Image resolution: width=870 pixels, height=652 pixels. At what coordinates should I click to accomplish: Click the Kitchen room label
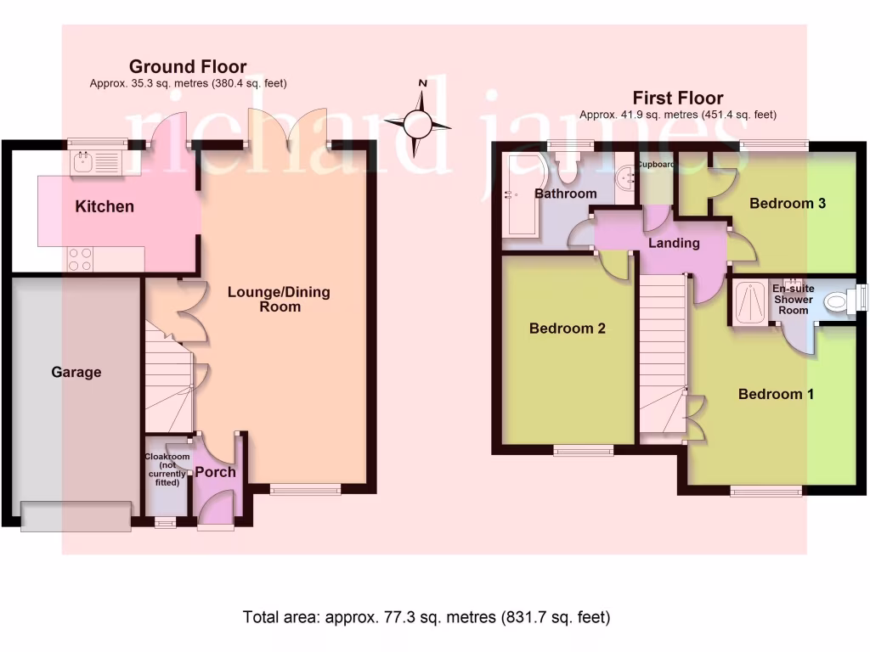coord(105,207)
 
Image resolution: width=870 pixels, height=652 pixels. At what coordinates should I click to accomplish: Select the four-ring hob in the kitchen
coord(79,260)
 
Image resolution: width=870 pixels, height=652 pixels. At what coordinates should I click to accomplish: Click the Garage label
coord(76,372)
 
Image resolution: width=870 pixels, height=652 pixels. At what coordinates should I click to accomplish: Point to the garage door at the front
coord(76,517)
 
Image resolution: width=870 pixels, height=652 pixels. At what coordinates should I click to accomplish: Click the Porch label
coord(215,472)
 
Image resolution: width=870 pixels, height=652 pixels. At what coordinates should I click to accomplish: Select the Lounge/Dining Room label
coord(279,300)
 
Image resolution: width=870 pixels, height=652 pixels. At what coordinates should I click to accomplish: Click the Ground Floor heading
coord(188,66)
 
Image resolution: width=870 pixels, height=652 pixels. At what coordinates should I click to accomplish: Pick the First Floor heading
coord(678,98)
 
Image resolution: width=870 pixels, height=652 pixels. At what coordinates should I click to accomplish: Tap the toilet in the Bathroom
coord(567,167)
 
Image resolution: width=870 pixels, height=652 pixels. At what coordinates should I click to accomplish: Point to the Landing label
coord(674,243)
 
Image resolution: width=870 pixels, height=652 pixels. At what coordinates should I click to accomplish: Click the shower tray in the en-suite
coord(750,302)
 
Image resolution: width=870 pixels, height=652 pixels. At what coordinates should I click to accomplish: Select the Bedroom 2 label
coord(567,329)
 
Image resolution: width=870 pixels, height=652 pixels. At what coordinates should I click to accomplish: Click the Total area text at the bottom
coord(427,617)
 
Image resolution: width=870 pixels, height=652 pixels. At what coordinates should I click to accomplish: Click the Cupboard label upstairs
coord(656,165)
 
